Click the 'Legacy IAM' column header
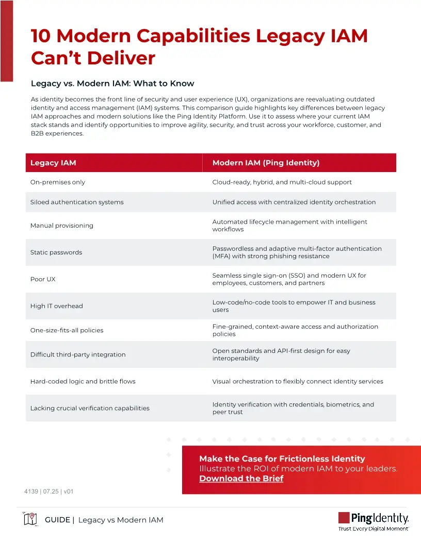[x=53, y=163]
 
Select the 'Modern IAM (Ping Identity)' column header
[x=266, y=163]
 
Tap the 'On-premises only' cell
[x=58, y=182]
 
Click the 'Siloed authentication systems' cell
[x=77, y=202]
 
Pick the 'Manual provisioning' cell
[x=62, y=226]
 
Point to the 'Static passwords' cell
[x=56, y=252]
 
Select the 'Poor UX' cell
[x=43, y=279]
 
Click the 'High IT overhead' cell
[x=56, y=306]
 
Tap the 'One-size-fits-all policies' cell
[x=67, y=330]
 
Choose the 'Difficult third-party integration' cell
[x=78, y=354]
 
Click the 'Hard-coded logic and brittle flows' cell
[x=83, y=382]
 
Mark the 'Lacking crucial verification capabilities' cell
[x=90, y=408]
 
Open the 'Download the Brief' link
[x=241, y=479]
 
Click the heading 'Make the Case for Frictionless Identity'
[x=282, y=458]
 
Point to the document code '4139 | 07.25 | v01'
[x=49, y=491]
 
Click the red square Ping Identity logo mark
[x=344, y=518]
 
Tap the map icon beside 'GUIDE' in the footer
[x=30, y=519]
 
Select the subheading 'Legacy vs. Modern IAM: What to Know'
[x=112, y=83]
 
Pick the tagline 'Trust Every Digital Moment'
[x=374, y=529]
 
